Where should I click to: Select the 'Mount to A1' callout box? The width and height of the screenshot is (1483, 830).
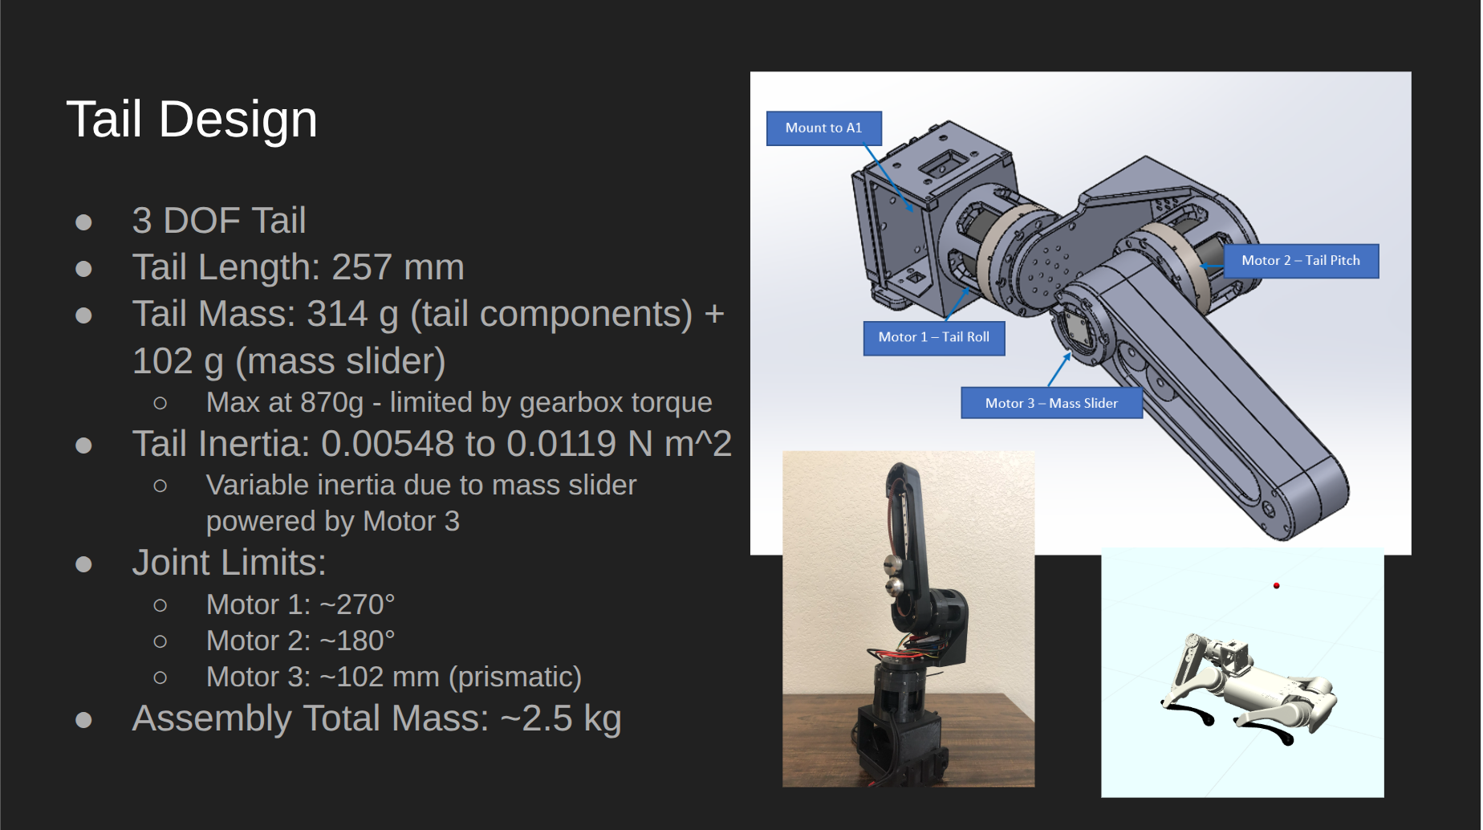[823, 128]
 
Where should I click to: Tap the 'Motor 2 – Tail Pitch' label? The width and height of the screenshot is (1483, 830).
[1300, 261]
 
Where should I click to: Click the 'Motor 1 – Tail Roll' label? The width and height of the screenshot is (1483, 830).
[933, 337]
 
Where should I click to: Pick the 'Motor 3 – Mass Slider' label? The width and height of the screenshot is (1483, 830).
[1050, 403]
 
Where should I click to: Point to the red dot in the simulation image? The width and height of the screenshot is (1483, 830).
[1276, 586]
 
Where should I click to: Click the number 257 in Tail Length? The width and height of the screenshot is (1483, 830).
[362, 267]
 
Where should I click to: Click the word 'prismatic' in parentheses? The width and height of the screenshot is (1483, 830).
[514, 677]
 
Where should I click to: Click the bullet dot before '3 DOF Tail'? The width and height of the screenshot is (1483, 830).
[83, 222]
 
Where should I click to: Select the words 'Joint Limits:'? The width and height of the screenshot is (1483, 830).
[229, 563]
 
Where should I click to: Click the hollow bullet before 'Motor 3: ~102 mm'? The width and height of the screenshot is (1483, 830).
[160, 677]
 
